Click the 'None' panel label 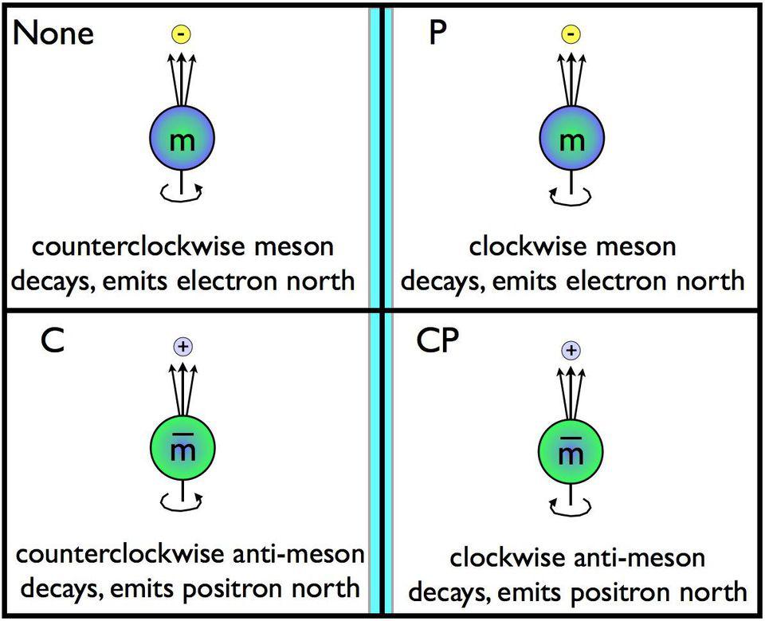coord(53,33)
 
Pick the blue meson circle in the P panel coord(571,139)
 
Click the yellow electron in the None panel coord(183,34)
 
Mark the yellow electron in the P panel coord(571,34)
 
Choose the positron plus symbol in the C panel coord(183,346)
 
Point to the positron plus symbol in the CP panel coord(571,350)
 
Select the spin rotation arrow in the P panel coord(571,192)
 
